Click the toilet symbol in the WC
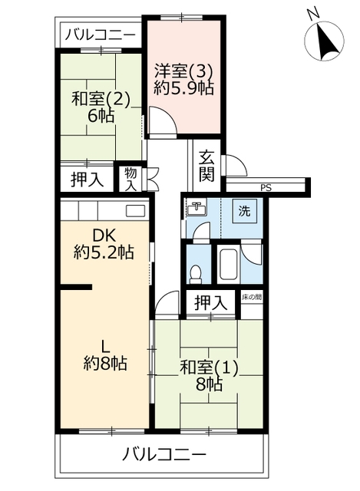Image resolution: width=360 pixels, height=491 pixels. [196, 275]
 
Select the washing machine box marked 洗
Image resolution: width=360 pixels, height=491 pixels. [244, 211]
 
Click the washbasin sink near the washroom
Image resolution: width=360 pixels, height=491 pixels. [197, 207]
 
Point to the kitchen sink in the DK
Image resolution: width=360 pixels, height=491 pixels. [135, 210]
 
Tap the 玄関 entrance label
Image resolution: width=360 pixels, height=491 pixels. [206, 166]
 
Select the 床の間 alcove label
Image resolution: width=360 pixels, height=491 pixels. [252, 297]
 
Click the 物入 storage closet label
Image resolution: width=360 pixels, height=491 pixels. [130, 180]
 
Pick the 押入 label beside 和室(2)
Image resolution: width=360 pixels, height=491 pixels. [87, 180]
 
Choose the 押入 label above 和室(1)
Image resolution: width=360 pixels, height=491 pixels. [210, 303]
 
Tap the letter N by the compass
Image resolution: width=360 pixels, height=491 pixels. [312, 14]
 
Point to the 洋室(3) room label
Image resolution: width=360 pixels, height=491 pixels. [184, 71]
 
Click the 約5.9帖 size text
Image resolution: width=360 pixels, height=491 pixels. [184, 89]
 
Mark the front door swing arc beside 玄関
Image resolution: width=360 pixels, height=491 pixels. [238, 164]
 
